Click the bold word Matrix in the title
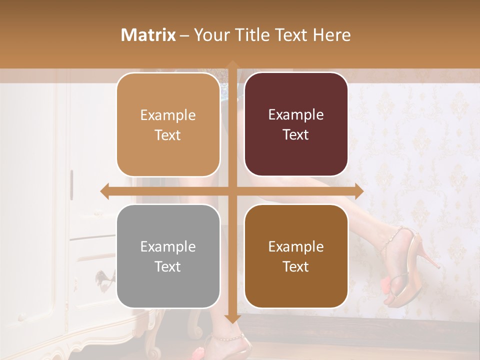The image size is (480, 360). (x=148, y=35)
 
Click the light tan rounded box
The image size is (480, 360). (x=168, y=125)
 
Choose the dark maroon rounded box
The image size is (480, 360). (x=296, y=125)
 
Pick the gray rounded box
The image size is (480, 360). (x=168, y=256)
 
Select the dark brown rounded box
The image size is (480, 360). (x=296, y=256)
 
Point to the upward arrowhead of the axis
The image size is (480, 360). (x=232, y=64)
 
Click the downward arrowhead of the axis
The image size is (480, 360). (x=232, y=319)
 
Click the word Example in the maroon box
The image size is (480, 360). (x=296, y=115)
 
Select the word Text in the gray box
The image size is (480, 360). (x=168, y=267)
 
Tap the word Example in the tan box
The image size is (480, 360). (x=168, y=115)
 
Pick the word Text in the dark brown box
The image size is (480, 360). (x=296, y=267)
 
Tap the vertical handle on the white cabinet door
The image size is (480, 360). (x=71, y=183)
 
